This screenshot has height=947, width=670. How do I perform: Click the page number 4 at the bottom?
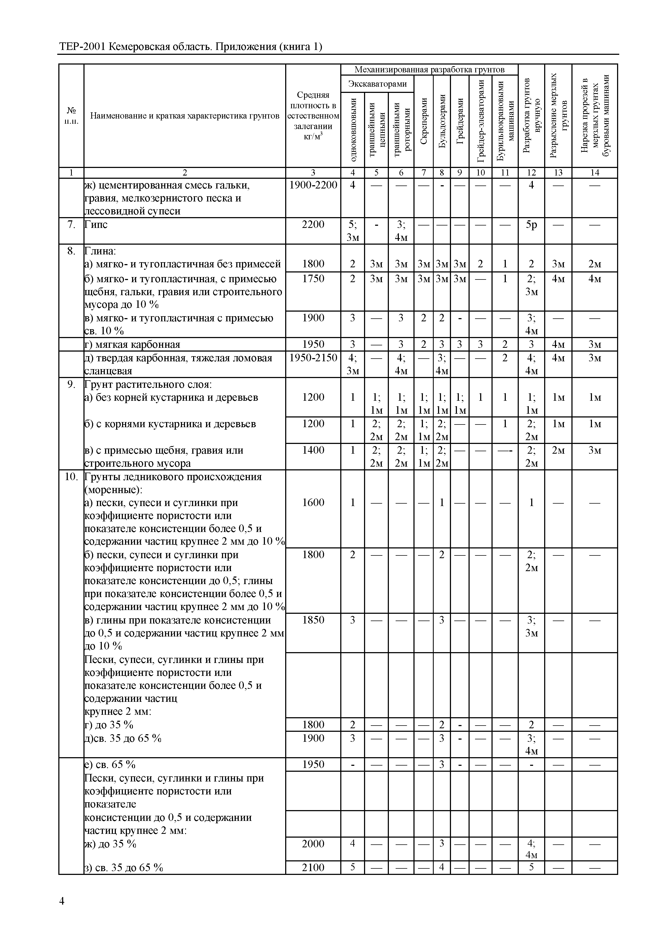[x=62, y=901]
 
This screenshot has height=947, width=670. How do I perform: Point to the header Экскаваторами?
[x=377, y=84]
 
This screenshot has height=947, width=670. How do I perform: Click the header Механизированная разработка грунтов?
[x=429, y=69]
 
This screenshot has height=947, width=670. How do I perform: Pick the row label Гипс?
[x=96, y=225]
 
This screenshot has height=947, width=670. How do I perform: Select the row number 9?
[x=71, y=385]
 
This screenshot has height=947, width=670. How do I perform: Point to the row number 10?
[x=71, y=477]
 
